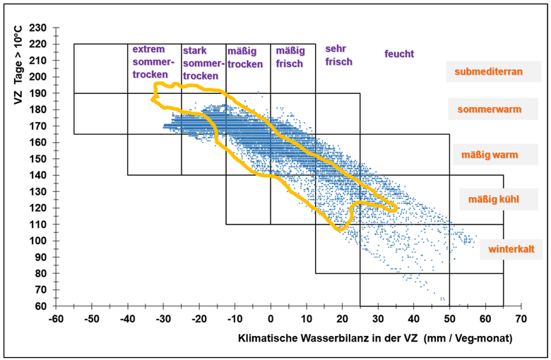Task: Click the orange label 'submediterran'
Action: click(488, 72)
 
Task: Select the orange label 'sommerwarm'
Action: click(490, 109)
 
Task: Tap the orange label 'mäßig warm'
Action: click(490, 155)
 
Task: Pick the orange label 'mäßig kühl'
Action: click(493, 199)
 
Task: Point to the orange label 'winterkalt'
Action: click(511, 249)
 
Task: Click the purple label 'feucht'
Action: click(399, 54)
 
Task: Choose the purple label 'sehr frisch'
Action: click(338, 55)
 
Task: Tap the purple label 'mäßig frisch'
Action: click(290, 57)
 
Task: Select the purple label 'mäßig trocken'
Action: click(245, 58)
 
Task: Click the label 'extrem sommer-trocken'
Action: click(153, 62)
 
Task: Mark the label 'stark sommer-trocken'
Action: click(203, 64)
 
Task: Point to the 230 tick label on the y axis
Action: click(38, 28)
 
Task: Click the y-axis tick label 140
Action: click(38, 175)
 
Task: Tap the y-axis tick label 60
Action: click(41, 306)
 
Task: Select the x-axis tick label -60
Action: click(56, 319)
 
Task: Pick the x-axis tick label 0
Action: click(271, 319)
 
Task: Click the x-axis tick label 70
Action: click(521, 319)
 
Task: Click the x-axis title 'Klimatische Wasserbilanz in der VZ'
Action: click(328, 338)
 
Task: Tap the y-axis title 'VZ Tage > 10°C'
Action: click(18, 65)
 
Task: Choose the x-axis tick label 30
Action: click(378, 319)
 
